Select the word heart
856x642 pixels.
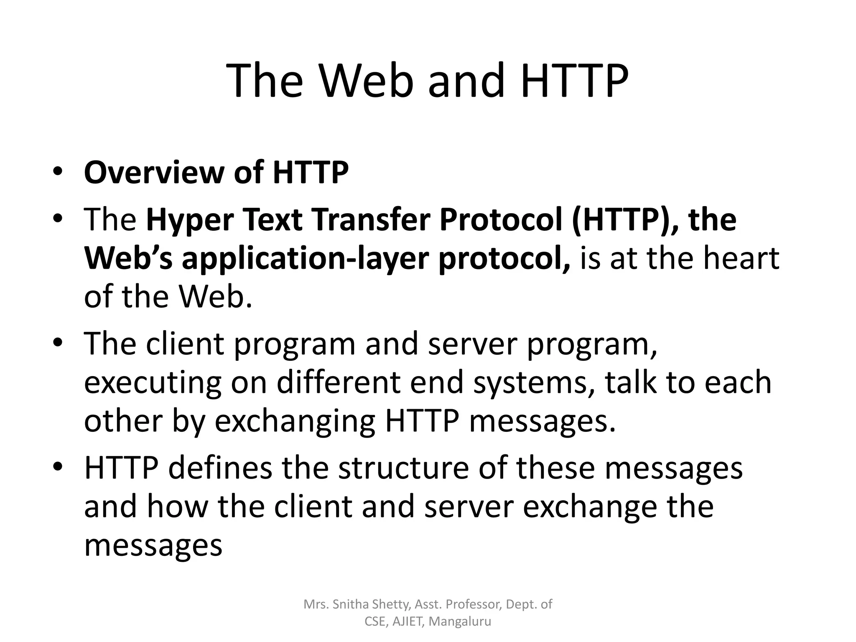741,258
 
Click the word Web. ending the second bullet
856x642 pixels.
216,296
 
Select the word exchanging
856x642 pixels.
295,422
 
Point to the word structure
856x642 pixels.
403,468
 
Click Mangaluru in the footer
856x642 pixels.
460,622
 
